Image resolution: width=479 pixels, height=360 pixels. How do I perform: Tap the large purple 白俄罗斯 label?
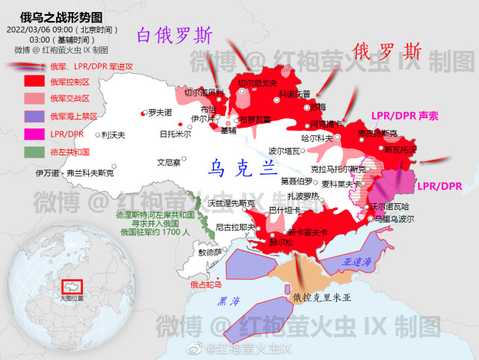click(x=175, y=35)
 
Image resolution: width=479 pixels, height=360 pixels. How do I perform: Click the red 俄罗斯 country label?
click(x=387, y=52)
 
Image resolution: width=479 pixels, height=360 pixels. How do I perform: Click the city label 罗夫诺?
click(x=160, y=113)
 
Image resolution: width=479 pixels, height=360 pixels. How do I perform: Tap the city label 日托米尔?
click(x=175, y=134)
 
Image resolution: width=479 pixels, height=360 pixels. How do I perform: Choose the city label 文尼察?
click(x=168, y=161)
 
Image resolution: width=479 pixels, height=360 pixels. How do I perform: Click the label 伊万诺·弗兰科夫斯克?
click(x=75, y=173)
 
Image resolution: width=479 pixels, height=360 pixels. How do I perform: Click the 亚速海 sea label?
click(x=357, y=263)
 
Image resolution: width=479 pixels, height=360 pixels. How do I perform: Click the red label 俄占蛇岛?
click(x=205, y=285)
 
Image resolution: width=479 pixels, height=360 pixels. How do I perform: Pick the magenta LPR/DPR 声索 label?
click(x=405, y=117)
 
